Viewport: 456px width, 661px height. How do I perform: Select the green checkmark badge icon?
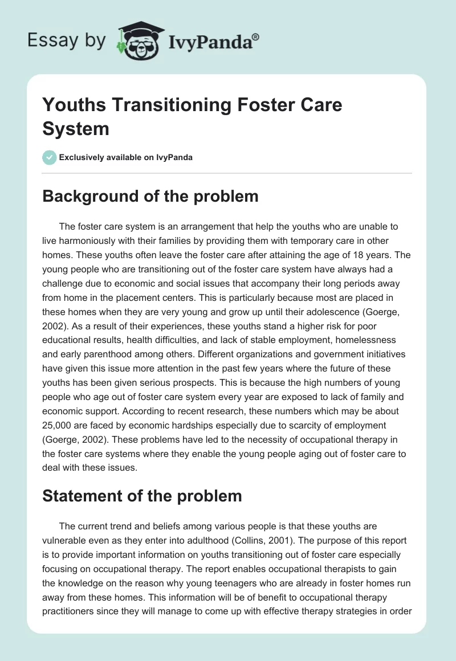pos(50,157)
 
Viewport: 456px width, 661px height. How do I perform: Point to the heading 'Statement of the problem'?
pos(142,496)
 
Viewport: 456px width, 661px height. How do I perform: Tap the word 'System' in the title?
pos(76,129)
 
